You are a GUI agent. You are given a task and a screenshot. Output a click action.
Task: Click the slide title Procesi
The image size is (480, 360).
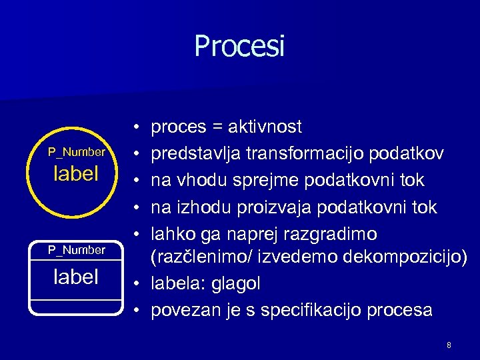pos(239,46)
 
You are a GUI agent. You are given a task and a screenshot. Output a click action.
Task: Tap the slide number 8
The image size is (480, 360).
pos(449,345)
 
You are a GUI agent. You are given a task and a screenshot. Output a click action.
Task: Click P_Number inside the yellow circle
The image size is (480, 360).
pos(76,152)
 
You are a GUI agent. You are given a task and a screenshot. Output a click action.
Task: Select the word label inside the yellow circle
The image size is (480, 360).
pos(76,174)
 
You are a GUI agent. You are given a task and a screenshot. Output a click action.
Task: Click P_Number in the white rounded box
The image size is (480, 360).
pos(76,250)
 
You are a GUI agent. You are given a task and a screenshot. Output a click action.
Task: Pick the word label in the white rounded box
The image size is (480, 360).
pos(76,277)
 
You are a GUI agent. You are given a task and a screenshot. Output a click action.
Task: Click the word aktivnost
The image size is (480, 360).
pos(265,127)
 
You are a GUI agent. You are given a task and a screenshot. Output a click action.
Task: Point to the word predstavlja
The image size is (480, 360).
pos(197,153)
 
